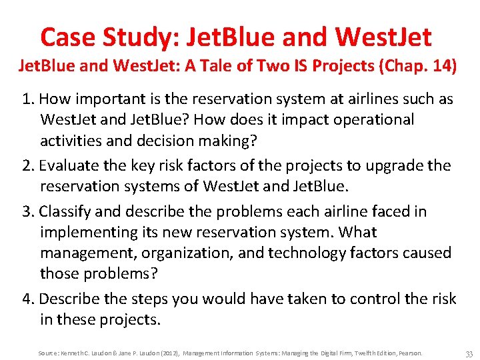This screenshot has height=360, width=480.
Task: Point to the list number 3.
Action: click(27, 211)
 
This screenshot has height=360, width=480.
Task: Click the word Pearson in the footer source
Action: click(409, 353)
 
